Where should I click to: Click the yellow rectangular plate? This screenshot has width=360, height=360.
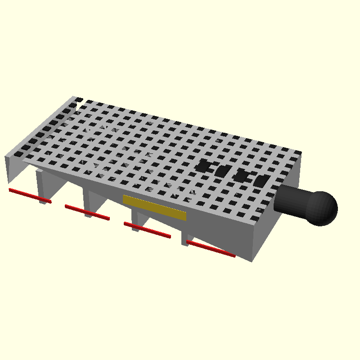coord(154,207)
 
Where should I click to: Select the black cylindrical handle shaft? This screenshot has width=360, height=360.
coord(290,200)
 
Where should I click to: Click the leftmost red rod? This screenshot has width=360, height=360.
coord(30,196)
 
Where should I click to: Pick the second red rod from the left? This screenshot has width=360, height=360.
coord(87,212)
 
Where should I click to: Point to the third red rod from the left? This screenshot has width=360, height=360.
coord(147,229)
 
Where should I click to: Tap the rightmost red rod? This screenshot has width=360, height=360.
coord(211,249)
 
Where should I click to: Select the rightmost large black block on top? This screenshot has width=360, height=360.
coord(261,181)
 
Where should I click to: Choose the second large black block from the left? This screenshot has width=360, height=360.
coord(222,171)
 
